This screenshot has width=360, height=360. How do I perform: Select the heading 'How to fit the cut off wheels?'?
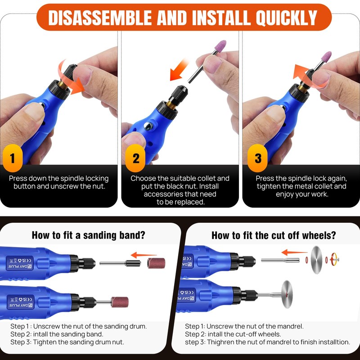(274, 235)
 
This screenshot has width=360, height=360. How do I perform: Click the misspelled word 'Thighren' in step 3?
(220, 342)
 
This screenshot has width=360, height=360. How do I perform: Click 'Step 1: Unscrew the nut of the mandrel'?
(244, 326)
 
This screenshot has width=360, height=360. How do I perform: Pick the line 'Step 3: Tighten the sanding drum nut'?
(67, 342)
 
